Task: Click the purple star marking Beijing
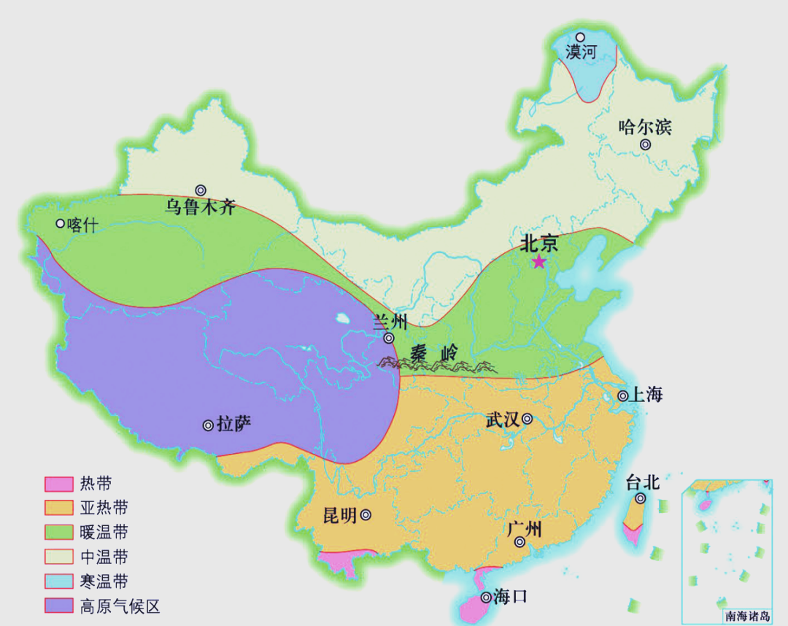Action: (538, 262)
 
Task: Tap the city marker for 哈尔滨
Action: (645, 144)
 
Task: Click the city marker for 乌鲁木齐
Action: (200, 190)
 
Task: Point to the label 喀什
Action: (81, 225)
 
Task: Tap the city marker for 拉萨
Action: (208, 425)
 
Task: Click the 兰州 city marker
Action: (389, 338)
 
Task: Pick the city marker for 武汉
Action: (527, 419)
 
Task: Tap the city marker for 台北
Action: (640, 498)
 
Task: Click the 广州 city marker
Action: (519, 542)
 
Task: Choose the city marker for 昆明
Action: (366, 515)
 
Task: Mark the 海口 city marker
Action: (484, 598)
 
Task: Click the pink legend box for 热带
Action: (59, 484)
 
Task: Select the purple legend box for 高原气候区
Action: (59, 606)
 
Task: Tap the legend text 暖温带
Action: (104, 532)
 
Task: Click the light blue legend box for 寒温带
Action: (59, 581)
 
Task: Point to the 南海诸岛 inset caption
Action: (742, 616)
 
